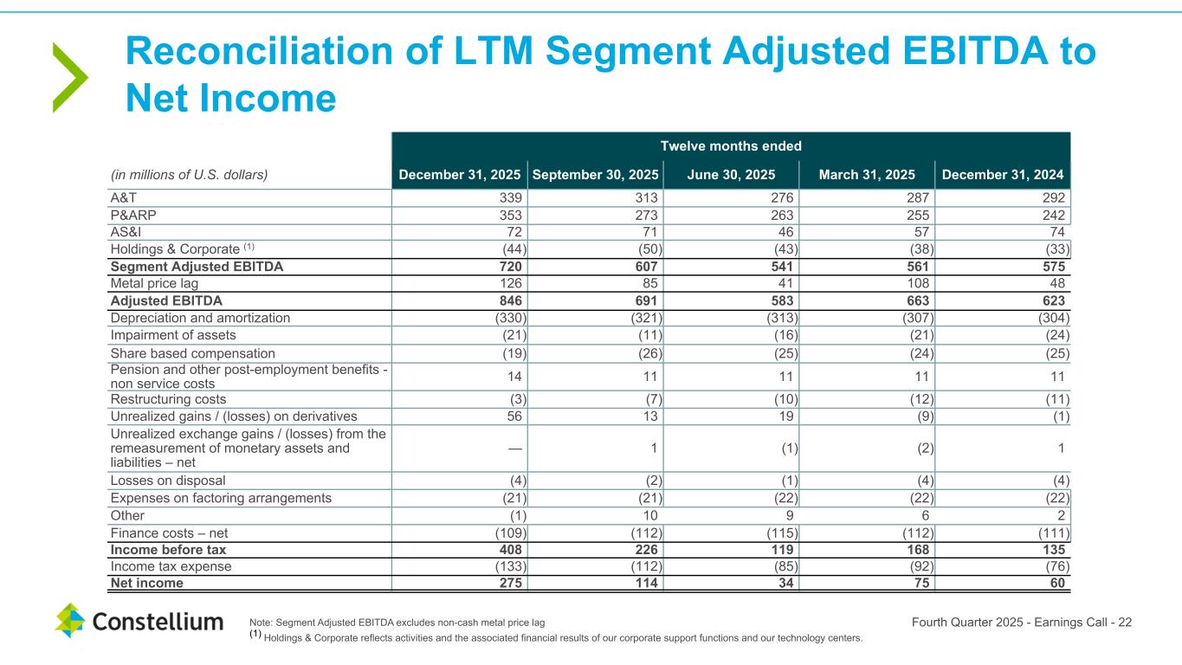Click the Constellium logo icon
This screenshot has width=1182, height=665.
coord(70,621)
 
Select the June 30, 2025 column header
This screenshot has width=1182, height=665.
coord(731,174)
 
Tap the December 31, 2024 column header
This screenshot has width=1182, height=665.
coord(1003,174)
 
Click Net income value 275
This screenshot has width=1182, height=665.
coord(510,584)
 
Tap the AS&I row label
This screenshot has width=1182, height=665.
coord(126,232)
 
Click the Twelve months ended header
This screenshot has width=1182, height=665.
coord(731,145)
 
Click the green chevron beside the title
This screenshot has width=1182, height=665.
coord(69,78)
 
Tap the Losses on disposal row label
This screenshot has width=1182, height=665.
coord(167,481)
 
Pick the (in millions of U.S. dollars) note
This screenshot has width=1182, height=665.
coord(189,174)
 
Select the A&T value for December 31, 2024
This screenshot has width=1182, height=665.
coord(1053,197)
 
